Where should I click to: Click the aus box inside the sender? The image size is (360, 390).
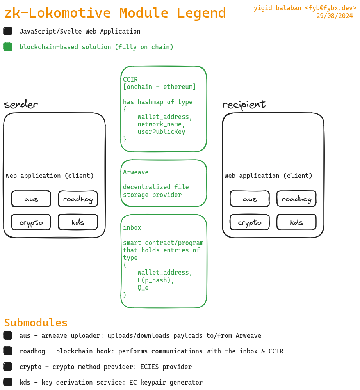tap(31, 199)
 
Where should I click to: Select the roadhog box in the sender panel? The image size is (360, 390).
tap(78, 199)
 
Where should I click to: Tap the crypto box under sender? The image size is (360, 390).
tap(31, 222)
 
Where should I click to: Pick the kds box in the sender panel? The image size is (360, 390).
tap(78, 222)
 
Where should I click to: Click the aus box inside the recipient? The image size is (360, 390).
tap(250, 199)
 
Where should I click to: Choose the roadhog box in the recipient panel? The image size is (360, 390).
tap(297, 199)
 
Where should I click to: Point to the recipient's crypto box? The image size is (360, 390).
tap(250, 222)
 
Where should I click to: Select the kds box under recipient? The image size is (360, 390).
tap(297, 222)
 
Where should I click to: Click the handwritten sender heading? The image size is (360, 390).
tap(21, 105)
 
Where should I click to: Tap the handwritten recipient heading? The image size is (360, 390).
tap(244, 105)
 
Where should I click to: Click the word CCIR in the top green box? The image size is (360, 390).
tap(130, 79)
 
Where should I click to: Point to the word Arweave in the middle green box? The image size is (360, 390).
tap(136, 172)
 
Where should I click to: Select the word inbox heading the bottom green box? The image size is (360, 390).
tap(132, 227)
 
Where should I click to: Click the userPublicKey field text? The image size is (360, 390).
tap(161, 132)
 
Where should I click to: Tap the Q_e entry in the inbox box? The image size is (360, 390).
tap(143, 288)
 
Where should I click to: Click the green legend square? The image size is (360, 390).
tap(8, 47)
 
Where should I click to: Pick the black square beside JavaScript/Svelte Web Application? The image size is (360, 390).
tap(8, 31)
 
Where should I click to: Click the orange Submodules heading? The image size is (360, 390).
tap(36, 323)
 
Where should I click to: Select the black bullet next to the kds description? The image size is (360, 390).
tap(8, 382)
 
